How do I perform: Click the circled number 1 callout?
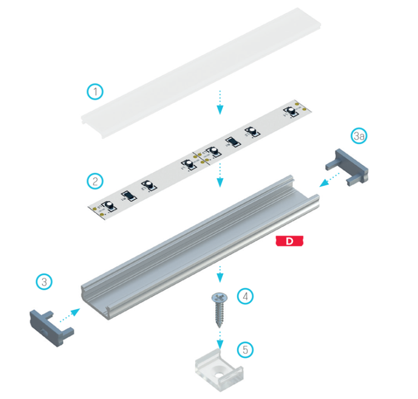[96, 92]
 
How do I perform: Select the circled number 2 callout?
[96, 181]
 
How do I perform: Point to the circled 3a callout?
[358, 135]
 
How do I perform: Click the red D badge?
[289, 242]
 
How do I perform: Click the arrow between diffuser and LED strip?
[220, 101]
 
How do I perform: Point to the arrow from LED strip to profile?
[220, 175]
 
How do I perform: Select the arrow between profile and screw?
[220, 274]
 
